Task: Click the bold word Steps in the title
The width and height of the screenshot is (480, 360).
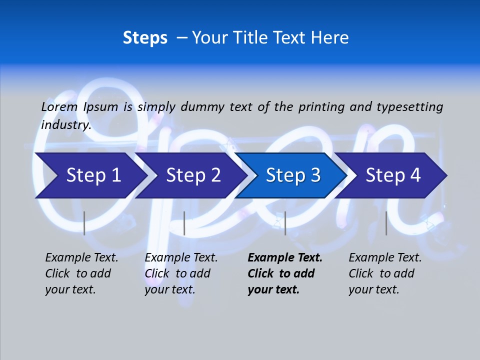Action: coord(145,38)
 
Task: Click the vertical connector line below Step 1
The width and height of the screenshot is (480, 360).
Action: coord(84,223)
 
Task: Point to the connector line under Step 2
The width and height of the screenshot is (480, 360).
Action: coord(184,223)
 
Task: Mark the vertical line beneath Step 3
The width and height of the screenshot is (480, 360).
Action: coord(285,223)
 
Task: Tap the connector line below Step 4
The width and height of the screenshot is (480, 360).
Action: coord(386,223)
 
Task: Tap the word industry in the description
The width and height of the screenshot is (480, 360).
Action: coord(66,125)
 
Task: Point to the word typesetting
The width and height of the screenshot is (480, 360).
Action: coord(409,107)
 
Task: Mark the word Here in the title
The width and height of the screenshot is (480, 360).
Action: coord(331,38)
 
